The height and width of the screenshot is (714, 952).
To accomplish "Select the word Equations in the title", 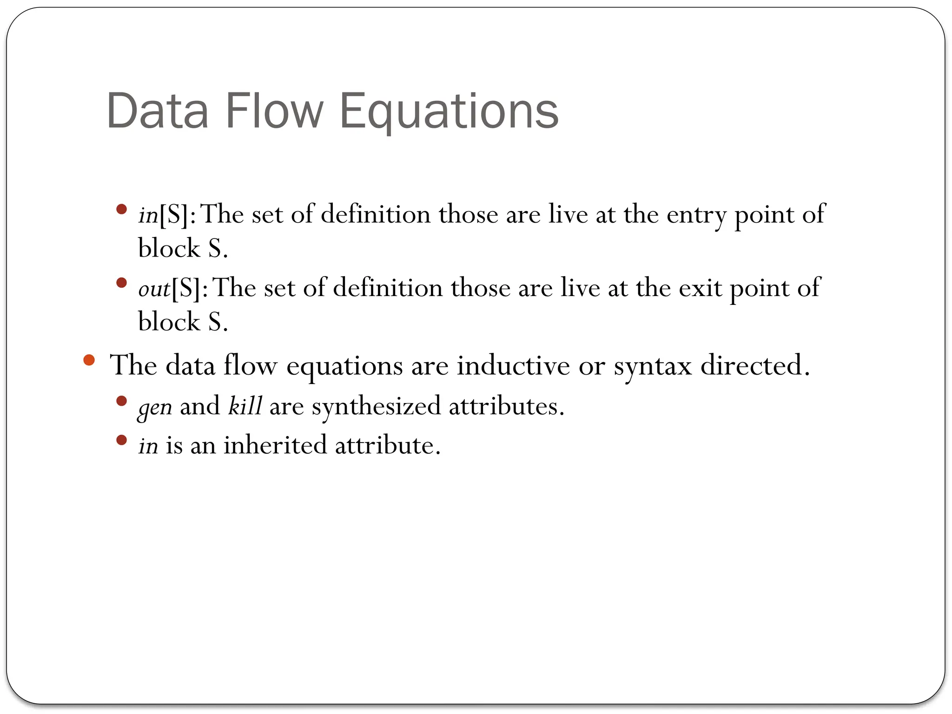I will pyautogui.click(x=449, y=112).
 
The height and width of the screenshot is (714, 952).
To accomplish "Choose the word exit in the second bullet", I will pyautogui.click(x=700, y=289).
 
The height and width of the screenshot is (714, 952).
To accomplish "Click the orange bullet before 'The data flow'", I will pyautogui.click(x=89, y=360).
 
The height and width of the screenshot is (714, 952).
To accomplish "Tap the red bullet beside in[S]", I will pyautogui.click(x=122, y=209).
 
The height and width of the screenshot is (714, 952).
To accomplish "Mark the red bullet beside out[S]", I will pyautogui.click(x=122, y=283).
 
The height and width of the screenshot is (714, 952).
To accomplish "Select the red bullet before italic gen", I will pyautogui.click(x=122, y=401).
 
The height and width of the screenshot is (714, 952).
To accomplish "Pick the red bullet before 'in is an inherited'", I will pyautogui.click(x=122, y=440).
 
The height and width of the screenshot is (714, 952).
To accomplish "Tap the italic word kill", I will pyautogui.click(x=245, y=406).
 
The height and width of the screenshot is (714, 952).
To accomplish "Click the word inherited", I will pyautogui.click(x=275, y=445).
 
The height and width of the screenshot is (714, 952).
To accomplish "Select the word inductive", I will pyautogui.click(x=513, y=365).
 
